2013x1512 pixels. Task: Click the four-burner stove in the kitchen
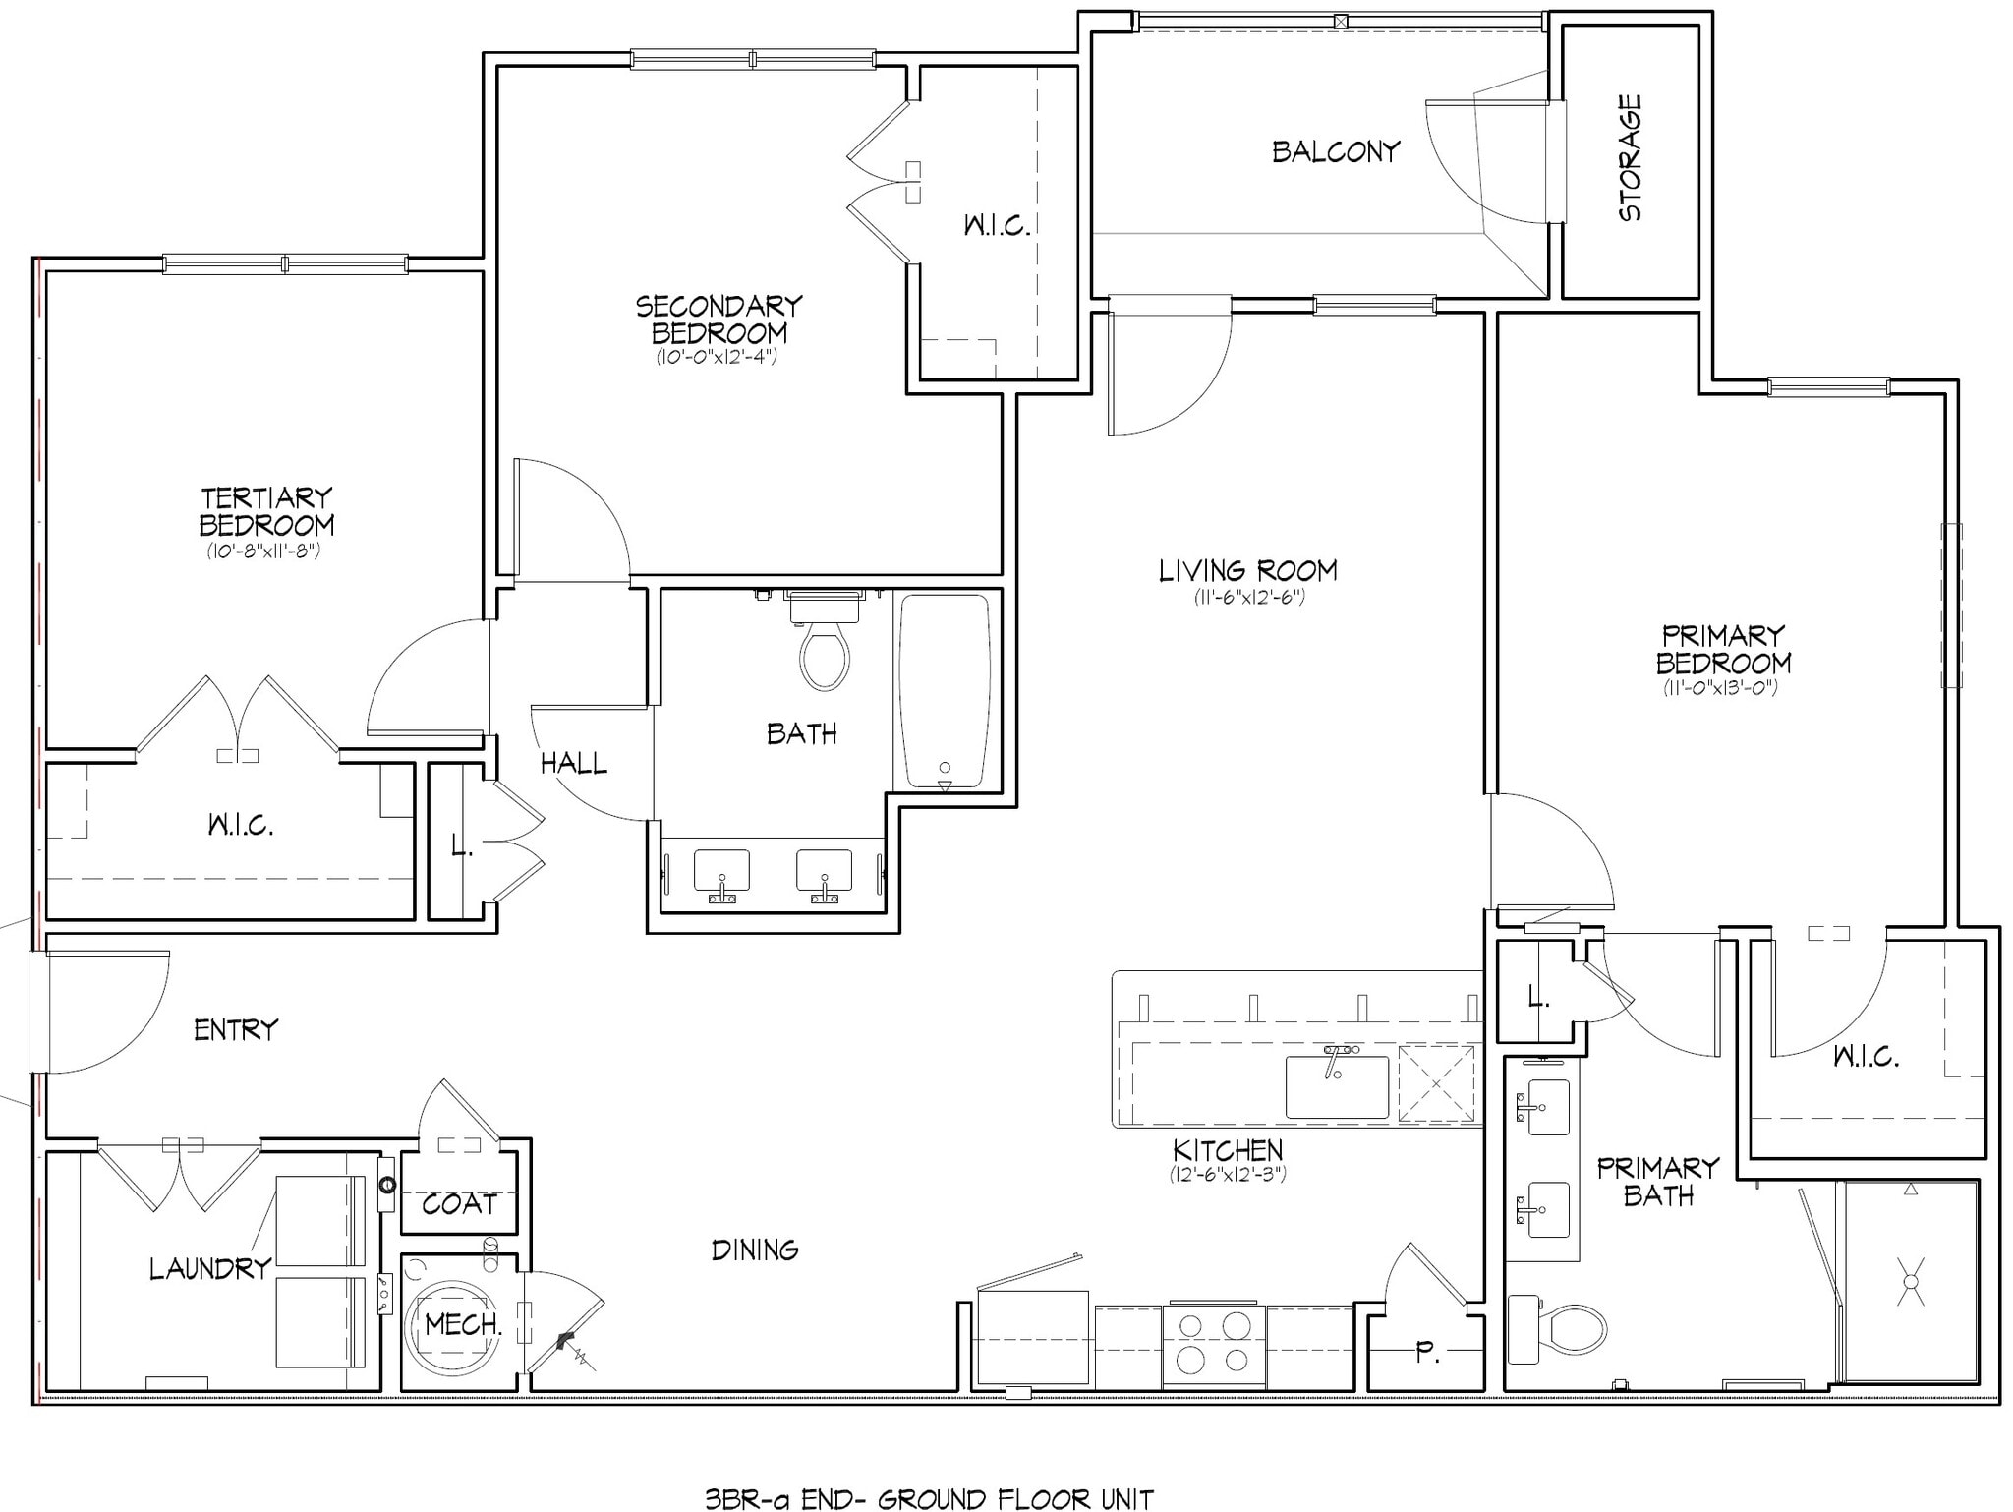1213,1344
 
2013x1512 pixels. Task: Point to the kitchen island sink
1337,1086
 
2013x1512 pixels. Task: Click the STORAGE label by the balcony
1630,157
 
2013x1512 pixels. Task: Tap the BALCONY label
1335,152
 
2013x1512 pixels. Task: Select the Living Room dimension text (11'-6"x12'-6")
1248,597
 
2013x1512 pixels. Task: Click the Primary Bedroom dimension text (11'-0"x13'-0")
1721,688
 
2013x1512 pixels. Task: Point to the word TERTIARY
266,498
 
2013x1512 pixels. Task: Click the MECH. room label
463,1325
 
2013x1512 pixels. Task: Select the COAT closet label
459,1204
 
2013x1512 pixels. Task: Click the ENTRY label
236,1030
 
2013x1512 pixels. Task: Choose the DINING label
754,1250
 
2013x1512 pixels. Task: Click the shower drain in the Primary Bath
1910,1282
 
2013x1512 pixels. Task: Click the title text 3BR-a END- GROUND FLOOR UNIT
928,1498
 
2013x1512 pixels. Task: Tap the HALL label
573,763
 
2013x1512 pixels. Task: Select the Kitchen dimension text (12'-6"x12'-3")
1227,1174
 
